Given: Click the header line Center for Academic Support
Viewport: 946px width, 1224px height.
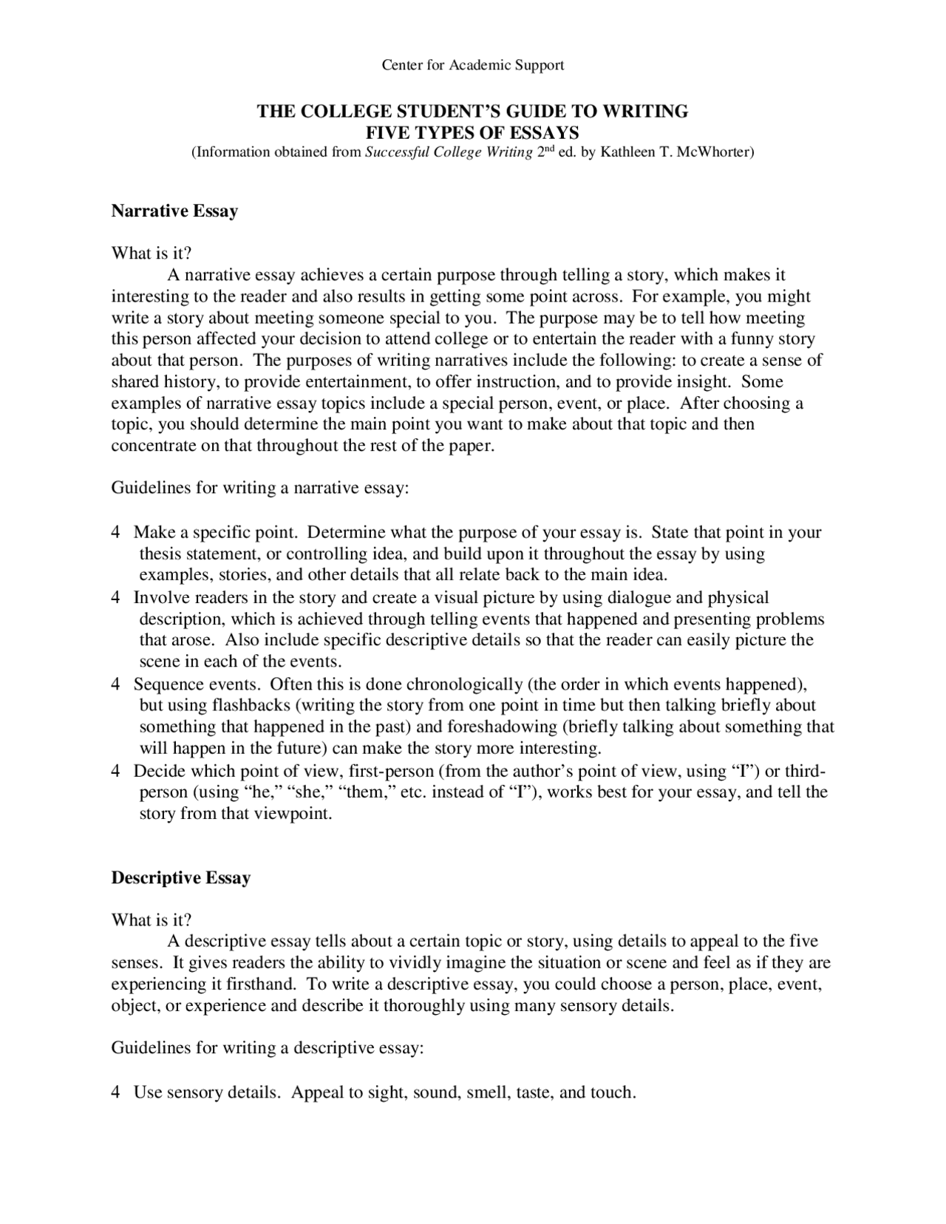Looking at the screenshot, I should point(472,65).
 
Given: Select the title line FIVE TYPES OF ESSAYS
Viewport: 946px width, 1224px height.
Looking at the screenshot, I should point(472,132).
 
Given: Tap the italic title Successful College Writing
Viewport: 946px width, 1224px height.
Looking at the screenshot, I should point(449,153).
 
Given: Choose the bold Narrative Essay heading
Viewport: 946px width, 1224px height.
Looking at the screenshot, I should point(174,211).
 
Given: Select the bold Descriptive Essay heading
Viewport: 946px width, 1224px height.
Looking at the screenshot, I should point(180,877).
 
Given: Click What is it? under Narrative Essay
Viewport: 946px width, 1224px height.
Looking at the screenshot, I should point(151,254).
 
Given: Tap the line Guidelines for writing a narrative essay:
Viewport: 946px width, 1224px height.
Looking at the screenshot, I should point(259,489).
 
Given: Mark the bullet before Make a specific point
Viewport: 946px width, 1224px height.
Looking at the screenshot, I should point(116,533).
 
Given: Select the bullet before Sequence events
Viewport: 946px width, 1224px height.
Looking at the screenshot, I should point(116,684).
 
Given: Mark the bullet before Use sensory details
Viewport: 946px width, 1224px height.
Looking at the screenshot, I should point(116,1092).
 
